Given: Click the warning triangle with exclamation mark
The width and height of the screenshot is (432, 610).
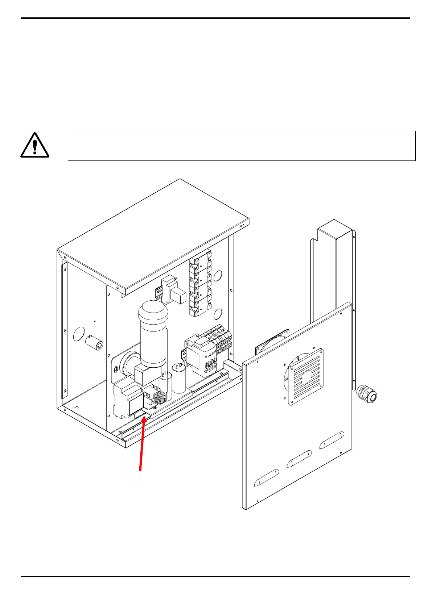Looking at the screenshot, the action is pos(34,145).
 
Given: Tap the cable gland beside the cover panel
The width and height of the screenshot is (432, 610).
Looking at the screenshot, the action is pos(367,394).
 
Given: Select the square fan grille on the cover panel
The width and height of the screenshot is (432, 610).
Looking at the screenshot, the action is pos(305,377).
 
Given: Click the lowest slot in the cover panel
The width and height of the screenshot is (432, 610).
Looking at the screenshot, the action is pos(267,477).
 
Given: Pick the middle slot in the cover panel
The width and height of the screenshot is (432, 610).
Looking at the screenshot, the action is pos(299,459).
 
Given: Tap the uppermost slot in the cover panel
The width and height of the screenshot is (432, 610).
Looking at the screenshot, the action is pos(331,440).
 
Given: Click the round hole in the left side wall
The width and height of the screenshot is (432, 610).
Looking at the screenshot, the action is pos(79,334).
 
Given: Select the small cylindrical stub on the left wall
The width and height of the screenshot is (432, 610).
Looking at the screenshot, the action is pos(95,343).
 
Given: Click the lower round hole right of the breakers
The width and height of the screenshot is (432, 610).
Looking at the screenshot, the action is pos(218,314).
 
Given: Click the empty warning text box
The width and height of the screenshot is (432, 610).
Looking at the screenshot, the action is pos(241,146).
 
